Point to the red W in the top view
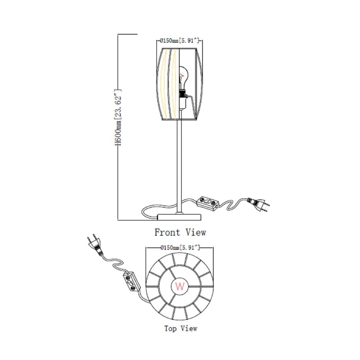180,286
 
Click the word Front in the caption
167,232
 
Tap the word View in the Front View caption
196,232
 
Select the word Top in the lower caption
170,329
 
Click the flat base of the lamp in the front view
179,217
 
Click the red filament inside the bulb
182,75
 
